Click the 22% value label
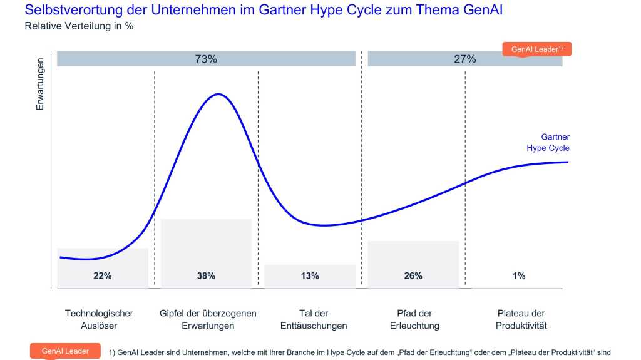103,275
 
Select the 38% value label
206,275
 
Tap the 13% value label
309,275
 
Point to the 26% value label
413,275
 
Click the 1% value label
518,275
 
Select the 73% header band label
205,59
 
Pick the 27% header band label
464,59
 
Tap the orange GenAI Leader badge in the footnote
65,351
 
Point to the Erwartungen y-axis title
40,84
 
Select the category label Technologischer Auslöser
99,319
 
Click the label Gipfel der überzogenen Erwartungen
208,319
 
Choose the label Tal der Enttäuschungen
314,319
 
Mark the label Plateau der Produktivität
521,319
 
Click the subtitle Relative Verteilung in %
79,26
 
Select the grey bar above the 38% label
206,241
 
